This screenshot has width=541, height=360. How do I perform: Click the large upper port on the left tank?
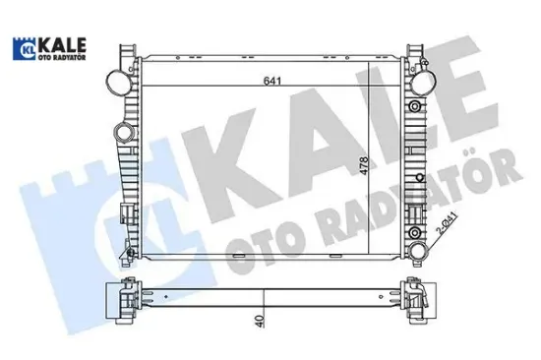116,78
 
